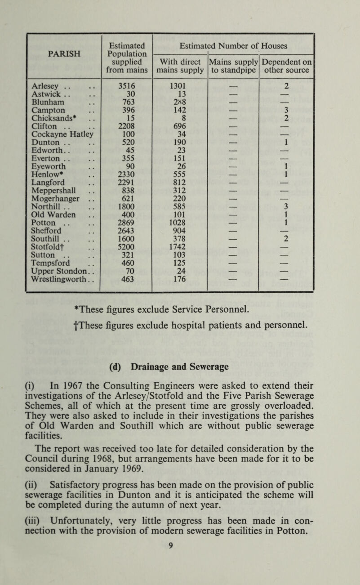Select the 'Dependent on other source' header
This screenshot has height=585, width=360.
click(x=286, y=65)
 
